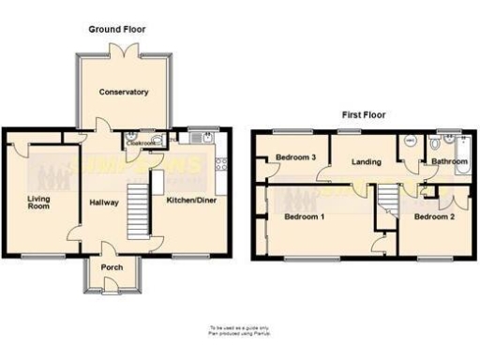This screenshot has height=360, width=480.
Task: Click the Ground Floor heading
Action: [117, 30]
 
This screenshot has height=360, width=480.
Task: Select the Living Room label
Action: [38, 202]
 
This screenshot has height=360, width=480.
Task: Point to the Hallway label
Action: [103, 202]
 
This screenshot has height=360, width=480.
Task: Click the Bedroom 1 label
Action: [305, 217]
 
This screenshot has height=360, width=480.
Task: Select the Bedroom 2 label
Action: [434, 217]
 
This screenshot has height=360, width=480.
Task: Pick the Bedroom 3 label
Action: [295, 157]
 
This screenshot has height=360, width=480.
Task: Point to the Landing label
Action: [366, 162]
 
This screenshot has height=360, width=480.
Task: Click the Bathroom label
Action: [448, 162]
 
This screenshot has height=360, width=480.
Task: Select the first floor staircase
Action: [386, 199]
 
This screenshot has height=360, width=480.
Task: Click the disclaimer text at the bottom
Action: [239, 330]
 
